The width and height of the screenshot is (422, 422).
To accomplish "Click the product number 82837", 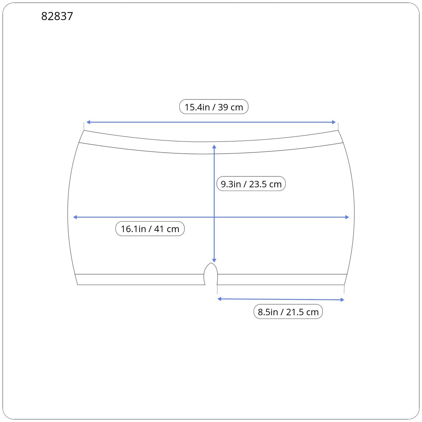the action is click(x=57, y=16).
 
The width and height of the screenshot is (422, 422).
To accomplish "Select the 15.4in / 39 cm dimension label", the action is click(x=214, y=107).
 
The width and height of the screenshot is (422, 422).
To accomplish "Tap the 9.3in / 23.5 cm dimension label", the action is click(x=251, y=184).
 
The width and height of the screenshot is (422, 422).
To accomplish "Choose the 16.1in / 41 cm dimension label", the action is click(x=150, y=229).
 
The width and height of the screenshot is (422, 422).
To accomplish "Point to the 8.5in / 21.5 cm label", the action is click(x=288, y=311).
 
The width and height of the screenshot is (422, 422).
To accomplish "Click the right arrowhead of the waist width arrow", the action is click(x=334, y=122).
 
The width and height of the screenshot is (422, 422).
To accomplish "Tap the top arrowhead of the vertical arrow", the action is click(x=214, y=146).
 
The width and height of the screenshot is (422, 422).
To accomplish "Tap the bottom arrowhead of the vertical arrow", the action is click(x=214, y=261).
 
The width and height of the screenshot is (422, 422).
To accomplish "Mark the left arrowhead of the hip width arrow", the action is click(x=75, y=217).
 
